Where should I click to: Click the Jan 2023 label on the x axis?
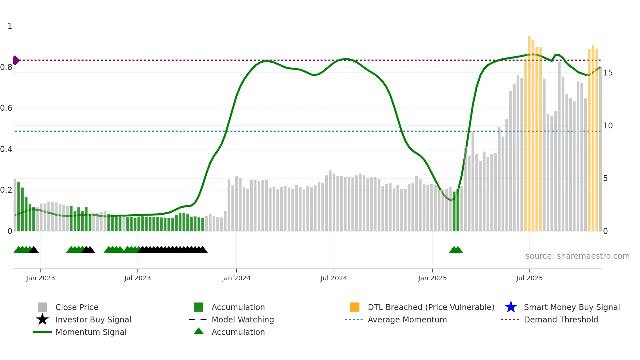pos(40,278)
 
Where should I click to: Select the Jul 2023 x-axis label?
pos(137,278)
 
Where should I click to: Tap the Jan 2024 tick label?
pos(236,278)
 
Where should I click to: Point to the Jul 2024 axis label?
pos(334,278)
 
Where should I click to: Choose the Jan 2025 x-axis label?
pos(432,278)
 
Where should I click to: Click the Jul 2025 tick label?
pos(529,278)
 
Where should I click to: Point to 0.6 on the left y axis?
pos(6,108)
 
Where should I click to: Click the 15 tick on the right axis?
pos(608,73)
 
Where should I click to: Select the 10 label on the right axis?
pos(608,126)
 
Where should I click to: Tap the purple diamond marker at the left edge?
pos(16,60)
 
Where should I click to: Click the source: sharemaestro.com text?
pos(577,256)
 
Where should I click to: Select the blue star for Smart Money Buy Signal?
pos(511,307)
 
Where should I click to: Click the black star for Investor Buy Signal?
pos(42,319)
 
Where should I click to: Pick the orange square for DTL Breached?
pos(355,307)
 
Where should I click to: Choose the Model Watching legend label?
pos(243,319)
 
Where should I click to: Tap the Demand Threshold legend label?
pos(561,319)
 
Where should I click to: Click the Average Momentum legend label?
pos(407,319)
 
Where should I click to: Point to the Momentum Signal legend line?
pos(42,332)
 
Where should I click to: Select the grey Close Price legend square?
pos(42,307)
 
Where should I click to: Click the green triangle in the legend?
pos(199,332)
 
